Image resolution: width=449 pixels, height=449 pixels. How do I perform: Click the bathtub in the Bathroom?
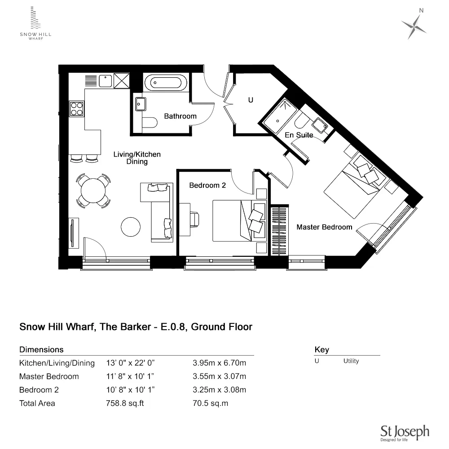166,83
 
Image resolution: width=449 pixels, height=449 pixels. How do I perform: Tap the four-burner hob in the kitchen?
77,109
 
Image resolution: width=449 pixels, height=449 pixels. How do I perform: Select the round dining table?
93,190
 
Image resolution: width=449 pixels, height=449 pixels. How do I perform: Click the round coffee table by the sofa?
131,227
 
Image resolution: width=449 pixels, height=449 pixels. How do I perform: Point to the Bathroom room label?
180,116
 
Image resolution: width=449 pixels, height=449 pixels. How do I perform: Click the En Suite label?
299,135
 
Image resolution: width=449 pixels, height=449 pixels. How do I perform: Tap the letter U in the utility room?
251,100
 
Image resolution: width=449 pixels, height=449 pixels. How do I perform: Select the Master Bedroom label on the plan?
325,227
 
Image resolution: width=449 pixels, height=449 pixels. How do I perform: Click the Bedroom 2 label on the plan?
207,185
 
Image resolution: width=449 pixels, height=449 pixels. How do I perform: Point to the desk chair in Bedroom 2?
194,220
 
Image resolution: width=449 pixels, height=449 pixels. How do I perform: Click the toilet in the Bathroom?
150,123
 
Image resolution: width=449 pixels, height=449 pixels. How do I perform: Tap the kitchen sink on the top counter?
106,81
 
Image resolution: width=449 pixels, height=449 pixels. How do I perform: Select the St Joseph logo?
405,433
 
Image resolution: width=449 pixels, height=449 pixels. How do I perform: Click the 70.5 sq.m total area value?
211,404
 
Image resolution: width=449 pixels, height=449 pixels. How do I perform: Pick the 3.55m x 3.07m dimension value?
220,376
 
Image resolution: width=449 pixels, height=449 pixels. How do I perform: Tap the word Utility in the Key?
351,361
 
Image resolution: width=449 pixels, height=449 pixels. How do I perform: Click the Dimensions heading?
41,350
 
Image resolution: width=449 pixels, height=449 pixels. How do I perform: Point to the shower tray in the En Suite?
280,116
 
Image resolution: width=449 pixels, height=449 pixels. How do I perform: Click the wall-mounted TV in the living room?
72,233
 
